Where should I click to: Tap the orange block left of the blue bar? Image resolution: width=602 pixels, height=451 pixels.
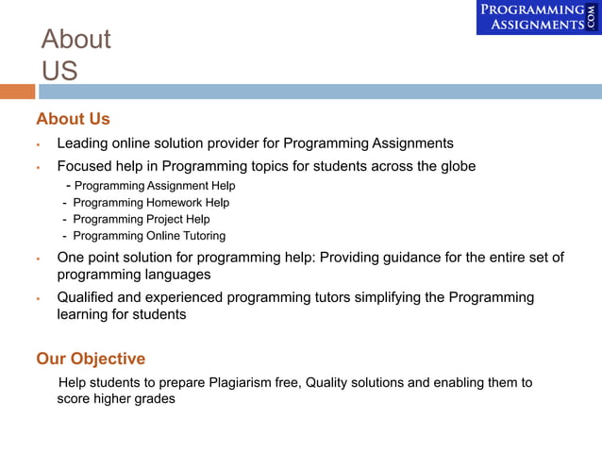coord(17,92)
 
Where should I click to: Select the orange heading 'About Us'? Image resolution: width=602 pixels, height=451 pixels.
coord(73,119)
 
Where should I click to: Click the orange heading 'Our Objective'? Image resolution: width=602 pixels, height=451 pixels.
coord(91,359)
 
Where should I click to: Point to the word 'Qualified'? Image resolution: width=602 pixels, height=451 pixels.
coord(88,297)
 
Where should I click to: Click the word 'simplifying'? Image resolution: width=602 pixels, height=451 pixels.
coord(387,297)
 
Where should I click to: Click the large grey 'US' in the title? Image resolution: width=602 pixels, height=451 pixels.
coord(59,70)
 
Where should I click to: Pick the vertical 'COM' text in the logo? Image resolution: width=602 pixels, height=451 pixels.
coord(593,17)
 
